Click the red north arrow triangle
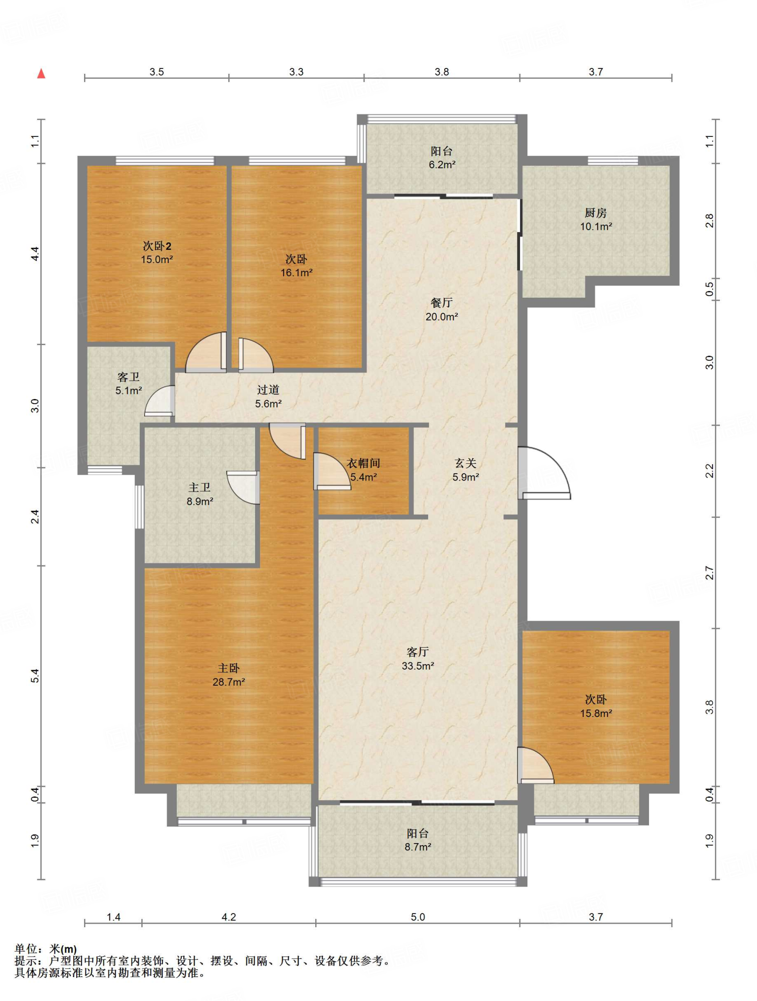(x=42, y=73)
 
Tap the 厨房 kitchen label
(x=596, y=219)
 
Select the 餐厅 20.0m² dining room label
(x=442, y=309)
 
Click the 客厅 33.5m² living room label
(x=418, y=658)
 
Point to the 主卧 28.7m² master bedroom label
(x=229, y=675)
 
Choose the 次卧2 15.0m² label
(x=157, y=253)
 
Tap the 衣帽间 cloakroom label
(x=364, y=470)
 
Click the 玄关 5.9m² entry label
(x=466, y=470)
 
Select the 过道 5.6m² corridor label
(x=268, y=396)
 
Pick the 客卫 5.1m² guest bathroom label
(x=129, y=383)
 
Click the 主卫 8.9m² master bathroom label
(x=200, y=494)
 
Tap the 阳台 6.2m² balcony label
(x=442, y=158)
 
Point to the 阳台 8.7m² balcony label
(x=418, y=840)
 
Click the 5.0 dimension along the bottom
(x=418, y=917)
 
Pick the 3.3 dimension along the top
(x=296, y=72)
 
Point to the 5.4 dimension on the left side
(x=35, y=676)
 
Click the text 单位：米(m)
(x=46, y=949)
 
